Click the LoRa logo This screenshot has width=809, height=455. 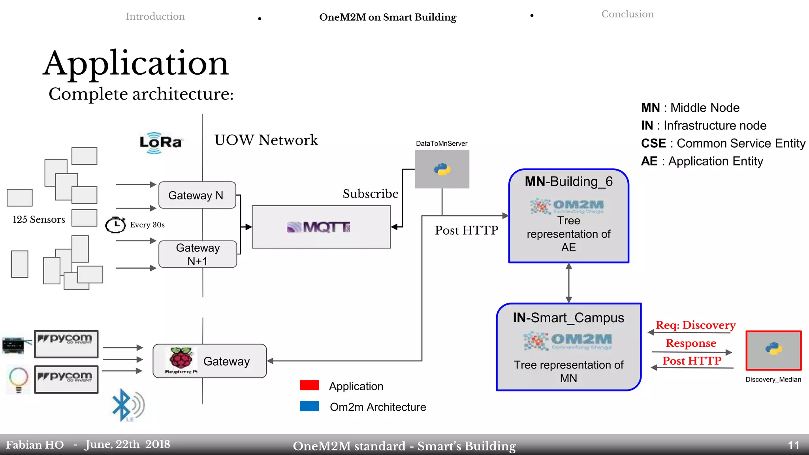point(160,143)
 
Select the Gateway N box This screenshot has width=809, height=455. point(197,195)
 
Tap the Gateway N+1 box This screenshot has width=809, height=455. point(198,254)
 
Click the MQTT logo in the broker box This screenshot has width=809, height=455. point(318,227)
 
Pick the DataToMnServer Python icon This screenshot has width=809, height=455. point(442,169)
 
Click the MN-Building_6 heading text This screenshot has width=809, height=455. point(568,182)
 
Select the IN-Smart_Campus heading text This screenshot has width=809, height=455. point(568,318)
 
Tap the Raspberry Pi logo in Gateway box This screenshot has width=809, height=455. point(181,359)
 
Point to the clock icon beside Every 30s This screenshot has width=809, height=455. point(115,225)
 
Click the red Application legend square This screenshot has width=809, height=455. point(309,385)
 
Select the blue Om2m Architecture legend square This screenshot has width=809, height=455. point(309,406)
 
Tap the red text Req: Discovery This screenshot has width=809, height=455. point(696,325)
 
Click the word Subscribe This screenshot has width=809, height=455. point(370,194)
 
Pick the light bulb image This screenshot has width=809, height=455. point(18,379)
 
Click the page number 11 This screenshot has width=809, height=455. point(793,446)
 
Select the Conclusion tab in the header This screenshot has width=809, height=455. point(627,14)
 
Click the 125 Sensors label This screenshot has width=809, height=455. point(39,220)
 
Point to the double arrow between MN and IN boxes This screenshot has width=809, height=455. point(568,283)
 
